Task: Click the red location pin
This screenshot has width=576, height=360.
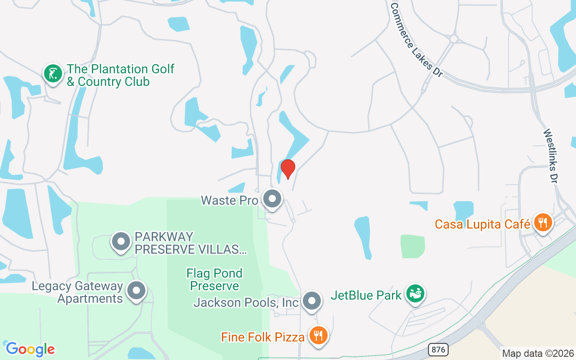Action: (288, 169)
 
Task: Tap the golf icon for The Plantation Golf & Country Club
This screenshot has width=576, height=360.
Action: (53, 73)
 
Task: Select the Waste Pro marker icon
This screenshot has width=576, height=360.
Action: (272, 198)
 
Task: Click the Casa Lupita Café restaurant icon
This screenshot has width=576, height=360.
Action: (543, 222)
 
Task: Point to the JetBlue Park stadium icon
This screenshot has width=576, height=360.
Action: (415, 293)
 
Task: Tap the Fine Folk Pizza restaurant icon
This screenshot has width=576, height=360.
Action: (319, 335)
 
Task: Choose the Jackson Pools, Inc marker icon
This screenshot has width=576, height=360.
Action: (311, 301)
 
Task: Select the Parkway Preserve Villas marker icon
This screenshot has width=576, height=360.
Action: (121, 242)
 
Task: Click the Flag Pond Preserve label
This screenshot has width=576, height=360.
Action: (215, 279)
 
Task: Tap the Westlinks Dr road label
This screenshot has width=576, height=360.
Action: (550, 156)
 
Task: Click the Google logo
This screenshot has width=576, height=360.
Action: (30, 349)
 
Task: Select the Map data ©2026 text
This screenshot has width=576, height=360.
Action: (538, 353)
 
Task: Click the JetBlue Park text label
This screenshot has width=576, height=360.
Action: (366, 295)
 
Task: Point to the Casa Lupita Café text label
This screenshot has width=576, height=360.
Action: (482, 224)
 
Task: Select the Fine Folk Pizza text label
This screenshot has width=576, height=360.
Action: (262, 337)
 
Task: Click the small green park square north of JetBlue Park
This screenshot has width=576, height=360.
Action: (413, 246)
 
